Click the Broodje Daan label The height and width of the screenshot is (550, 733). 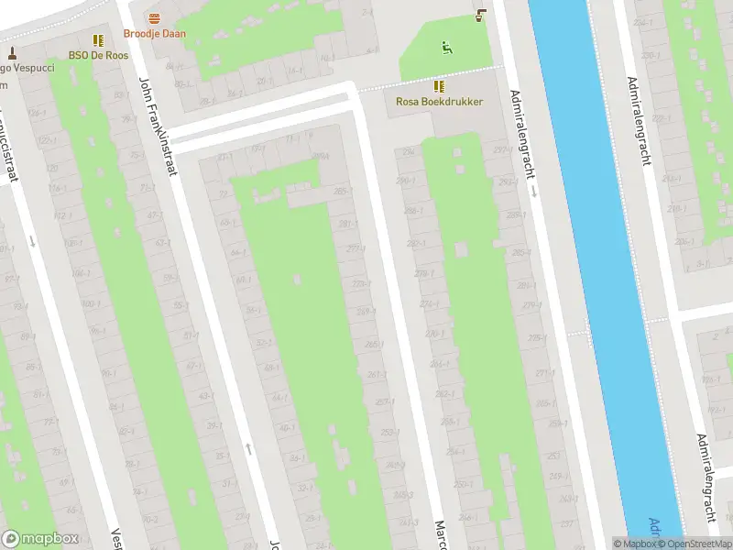pyautogui.click(x=154, y=34)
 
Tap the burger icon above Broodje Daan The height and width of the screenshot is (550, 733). pyautogui.click(x=154, y=18)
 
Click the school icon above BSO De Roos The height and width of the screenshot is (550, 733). pyautogui.click(x=97, y=39)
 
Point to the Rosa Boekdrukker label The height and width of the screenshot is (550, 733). pyautogui.click(x=439, y=102)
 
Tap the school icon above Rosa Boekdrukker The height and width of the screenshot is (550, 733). pyautogui.click(x=440, y=86)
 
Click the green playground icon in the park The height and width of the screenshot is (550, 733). pyautogui.click(x=446, y=47)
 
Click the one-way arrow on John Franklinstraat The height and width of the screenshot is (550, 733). pyautogui.click(x=248, y=449)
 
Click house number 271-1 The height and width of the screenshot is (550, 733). pyautogui.click(x=544, y=373)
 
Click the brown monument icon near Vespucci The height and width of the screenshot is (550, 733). pyautogui.click(x=13, y=53)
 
